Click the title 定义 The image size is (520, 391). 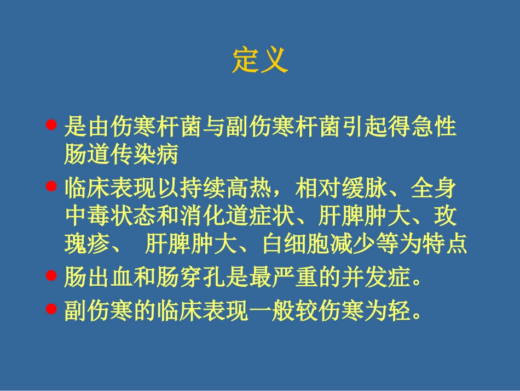point(260,60)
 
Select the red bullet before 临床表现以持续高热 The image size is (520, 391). point(51,186)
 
